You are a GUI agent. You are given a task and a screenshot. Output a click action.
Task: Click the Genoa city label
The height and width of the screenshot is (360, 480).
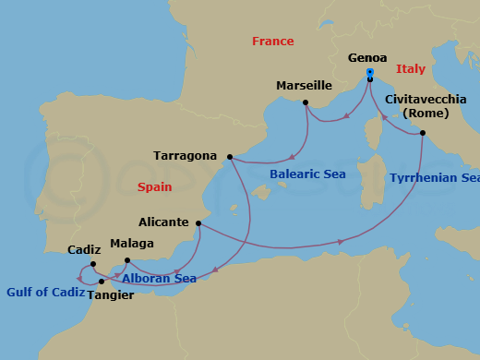coord(369,56)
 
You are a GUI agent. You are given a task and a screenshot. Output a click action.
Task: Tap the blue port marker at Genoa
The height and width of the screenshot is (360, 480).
coord(369,72)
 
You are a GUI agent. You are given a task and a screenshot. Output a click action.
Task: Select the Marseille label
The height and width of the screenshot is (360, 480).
coord(304,86)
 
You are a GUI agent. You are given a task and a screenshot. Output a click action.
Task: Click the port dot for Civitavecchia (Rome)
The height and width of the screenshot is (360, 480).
coord(423,134)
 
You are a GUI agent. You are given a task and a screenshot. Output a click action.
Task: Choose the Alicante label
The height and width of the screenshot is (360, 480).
coord(162,222)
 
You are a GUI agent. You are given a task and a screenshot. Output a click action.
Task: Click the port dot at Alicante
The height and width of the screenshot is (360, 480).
coord(198,223)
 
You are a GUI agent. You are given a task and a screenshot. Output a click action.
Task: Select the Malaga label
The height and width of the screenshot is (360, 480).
coord(132,244)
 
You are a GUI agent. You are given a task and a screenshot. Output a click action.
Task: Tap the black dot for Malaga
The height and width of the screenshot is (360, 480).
coord(127,260)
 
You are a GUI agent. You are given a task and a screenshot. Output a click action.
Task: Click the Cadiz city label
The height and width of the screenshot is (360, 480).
coord(85,250)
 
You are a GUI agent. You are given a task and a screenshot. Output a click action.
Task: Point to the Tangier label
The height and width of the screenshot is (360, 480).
coord(110,295)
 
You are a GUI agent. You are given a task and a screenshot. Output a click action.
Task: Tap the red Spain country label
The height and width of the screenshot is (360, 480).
coord(154,186)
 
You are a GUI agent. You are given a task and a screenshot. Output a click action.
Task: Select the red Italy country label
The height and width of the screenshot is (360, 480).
coord(412,69)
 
